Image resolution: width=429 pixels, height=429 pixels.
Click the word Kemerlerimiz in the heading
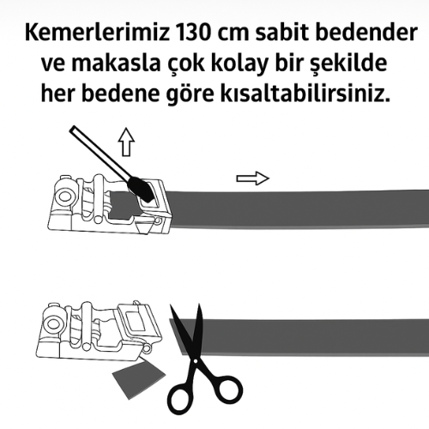coord(97,33)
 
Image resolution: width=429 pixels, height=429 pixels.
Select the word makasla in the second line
coord(115,63)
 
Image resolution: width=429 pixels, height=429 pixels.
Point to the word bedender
coord(366,33)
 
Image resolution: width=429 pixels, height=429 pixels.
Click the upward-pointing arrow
coord(126,142)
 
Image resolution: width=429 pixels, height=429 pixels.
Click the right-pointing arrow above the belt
coord(252,178)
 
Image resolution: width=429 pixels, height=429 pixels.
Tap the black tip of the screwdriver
coord(141,189)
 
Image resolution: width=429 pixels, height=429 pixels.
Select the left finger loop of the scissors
coord(178,398)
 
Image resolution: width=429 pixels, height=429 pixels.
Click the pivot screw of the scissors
coord(195,361)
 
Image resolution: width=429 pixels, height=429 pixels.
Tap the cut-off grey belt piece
coord(139,378)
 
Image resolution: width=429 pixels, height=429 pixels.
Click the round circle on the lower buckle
coord(53,323)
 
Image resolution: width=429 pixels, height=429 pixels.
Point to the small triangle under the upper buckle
coord(143,228)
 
